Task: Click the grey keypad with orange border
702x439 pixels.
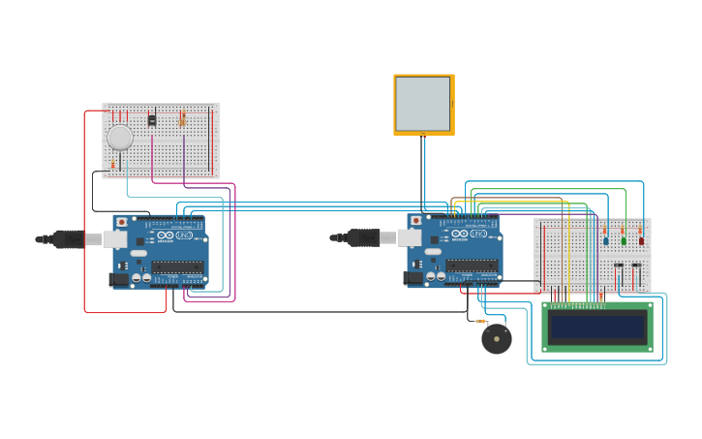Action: click(423, 104)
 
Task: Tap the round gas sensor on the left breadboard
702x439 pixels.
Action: click(119, 138)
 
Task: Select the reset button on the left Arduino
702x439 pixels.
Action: click(120, 222)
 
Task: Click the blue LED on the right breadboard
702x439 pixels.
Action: click(606, 240)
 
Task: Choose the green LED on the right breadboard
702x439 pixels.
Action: click(624, 240)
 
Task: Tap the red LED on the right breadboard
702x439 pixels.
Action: click(641, 240)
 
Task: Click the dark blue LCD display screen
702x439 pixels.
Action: click(595, 327)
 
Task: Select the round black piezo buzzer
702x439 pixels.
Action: click(497, 338)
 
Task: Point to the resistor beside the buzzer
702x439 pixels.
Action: click(481, 321)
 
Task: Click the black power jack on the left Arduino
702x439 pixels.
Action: click(120, 279)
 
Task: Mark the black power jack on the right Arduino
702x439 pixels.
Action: click(414, 278)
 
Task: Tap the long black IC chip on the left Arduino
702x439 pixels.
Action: click(177, 266)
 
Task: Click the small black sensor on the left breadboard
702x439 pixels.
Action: click(151, 119)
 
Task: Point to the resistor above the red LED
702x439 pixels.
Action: click(640, 230)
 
